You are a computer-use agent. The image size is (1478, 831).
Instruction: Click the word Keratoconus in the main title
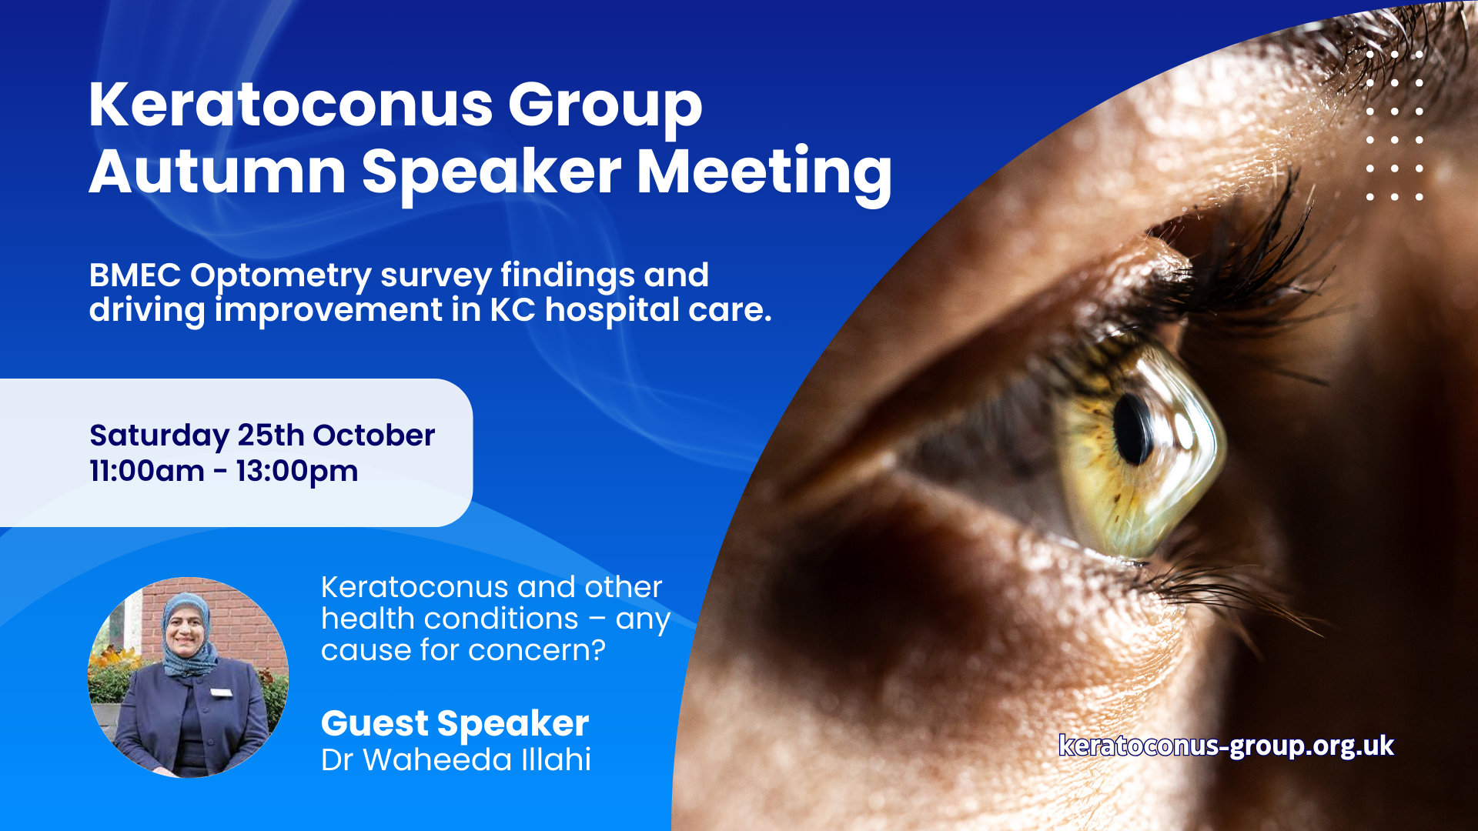(x=290, y=105)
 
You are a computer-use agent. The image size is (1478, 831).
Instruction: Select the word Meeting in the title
(x=764, y=175)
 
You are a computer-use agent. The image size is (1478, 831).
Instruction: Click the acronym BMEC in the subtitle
(x=135, y=275)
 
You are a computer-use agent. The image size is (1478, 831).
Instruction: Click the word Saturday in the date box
(x=159, y=436)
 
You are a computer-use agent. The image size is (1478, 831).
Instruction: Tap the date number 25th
(x=271, y=435)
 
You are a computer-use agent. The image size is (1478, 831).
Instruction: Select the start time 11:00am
(x=147, y=471)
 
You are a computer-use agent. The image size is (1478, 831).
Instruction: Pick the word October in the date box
(x=374, y=435)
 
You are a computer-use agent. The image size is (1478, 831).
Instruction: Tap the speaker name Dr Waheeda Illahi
(x=456, y=760)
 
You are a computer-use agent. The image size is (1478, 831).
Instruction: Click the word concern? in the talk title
(x=537, y=651)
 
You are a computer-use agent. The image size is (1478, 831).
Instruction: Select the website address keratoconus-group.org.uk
(x=1226, y=746)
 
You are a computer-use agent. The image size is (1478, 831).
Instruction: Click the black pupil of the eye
(x=1132, y=429)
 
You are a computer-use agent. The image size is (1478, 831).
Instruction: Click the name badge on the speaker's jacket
(x=221, y=692)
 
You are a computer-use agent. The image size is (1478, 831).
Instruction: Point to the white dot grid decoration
(x=1394, y=125)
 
